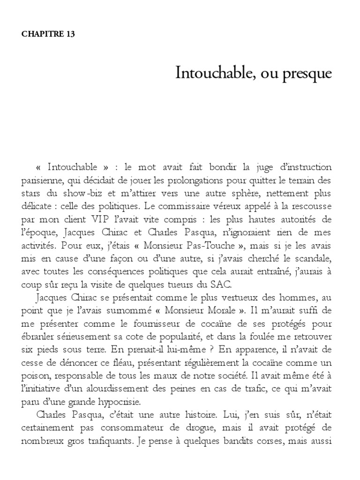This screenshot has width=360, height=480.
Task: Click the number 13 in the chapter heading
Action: tap(70, 34)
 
